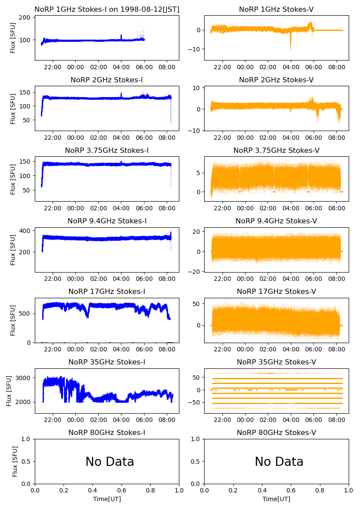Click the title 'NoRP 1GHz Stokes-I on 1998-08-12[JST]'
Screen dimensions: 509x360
107,10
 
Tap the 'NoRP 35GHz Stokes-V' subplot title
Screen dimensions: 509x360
276,362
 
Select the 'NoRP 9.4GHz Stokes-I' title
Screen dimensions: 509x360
107,221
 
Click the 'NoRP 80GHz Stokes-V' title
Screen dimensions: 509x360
276,433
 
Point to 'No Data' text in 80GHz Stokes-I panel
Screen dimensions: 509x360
110,462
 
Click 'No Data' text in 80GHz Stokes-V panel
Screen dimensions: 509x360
279,462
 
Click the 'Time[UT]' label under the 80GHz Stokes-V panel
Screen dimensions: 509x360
276,499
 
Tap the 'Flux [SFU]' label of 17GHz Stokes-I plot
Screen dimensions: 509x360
13,320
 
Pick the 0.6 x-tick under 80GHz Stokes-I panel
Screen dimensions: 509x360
121,491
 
